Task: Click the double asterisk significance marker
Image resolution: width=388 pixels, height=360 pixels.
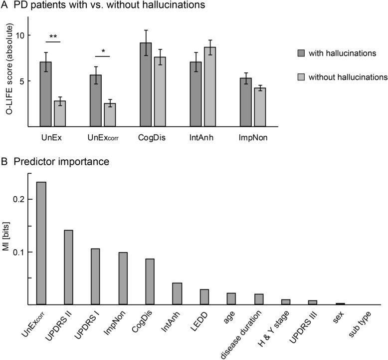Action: (x=53, y=36)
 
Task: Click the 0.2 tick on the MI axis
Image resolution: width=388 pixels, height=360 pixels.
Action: (x=23, y=199)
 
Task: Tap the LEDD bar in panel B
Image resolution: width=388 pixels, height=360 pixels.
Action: (x=204, y=297)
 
